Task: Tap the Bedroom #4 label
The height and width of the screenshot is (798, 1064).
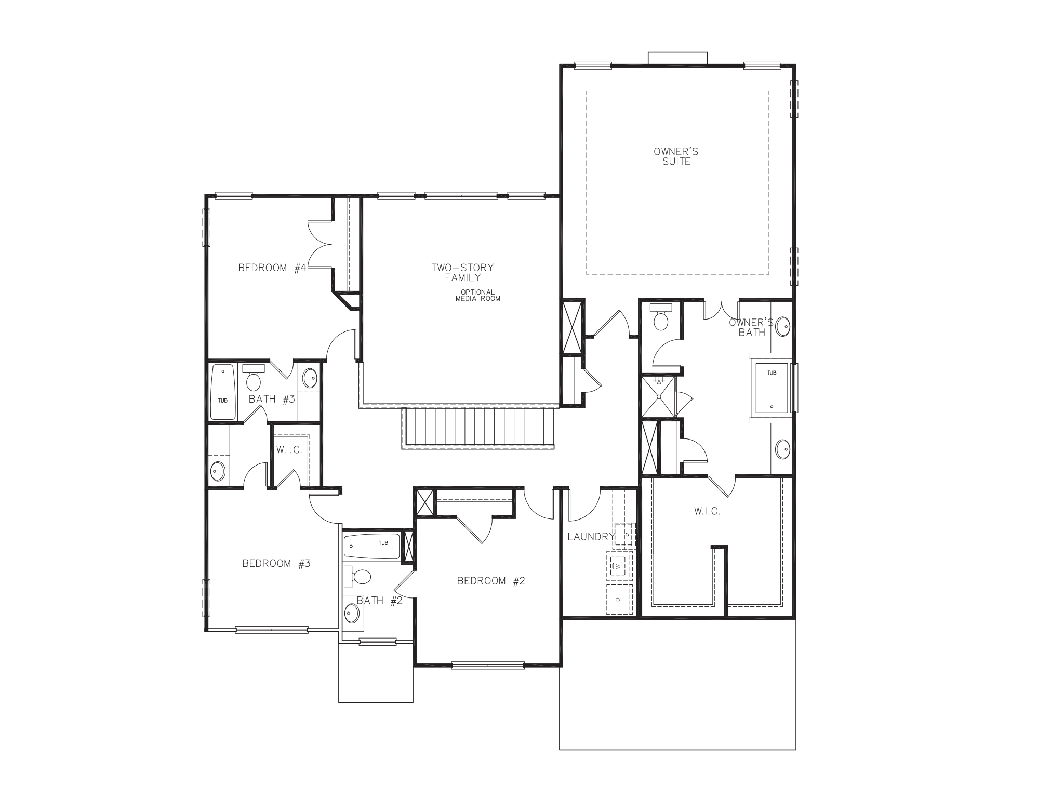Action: click(272, 268)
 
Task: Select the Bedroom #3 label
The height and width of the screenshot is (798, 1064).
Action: click(276, 564)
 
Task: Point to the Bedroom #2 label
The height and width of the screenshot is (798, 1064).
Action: click(491, 581)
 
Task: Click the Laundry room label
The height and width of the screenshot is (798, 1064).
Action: click(591, 537)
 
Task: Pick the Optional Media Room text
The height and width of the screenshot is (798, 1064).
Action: click(477, 295)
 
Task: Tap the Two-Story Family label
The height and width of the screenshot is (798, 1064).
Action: click(462, 272)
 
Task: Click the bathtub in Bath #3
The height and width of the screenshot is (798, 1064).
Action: click(223, 392)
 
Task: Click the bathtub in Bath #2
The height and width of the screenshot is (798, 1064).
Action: click(371, 547)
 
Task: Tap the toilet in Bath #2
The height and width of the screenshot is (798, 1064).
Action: click(358, 576)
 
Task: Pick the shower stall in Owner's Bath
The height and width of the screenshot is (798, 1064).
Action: click(659, 396)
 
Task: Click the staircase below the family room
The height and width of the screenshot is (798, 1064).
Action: click(478, 427)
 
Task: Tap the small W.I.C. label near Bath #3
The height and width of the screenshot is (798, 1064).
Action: click(289, 450)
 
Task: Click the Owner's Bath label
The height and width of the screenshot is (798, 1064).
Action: click(751, 327)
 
